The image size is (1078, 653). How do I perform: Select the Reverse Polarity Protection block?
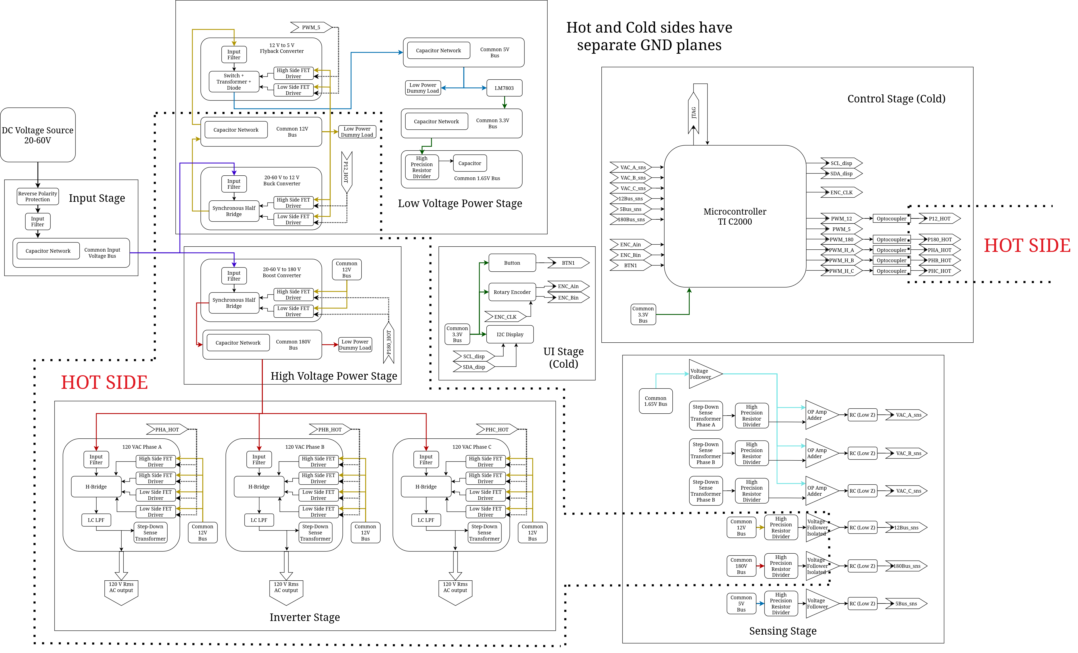click(38, 197)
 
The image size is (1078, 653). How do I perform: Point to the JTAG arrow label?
click(694, 112)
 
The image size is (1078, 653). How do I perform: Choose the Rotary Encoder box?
click(512, 292)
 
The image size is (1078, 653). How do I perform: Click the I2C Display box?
click(510, 335)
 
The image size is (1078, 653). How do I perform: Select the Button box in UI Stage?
click(512, 263)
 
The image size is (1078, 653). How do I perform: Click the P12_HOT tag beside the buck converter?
click(347, 172)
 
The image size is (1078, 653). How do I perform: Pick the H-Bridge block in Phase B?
click(259, 487)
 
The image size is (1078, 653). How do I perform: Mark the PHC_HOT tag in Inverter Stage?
click(497, 429)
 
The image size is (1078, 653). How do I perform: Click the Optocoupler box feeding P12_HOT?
click(891, 219)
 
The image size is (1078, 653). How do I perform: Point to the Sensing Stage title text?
click(783, 631)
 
